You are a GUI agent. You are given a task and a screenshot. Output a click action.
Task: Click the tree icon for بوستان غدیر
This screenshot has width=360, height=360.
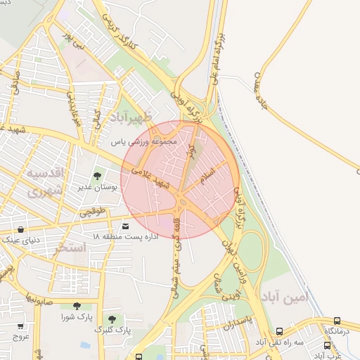click(x=97, y=176)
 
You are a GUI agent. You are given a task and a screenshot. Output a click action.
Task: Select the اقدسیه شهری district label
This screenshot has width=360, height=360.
click(x=46, y=181)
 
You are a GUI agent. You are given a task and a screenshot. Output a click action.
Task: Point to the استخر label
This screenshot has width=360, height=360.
click(x=70, y=247)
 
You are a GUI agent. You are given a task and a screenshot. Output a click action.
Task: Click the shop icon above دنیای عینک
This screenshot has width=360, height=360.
click(x=20, y=229)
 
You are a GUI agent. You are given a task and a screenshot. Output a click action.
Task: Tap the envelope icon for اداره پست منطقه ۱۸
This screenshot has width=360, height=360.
click(x=126, y=226)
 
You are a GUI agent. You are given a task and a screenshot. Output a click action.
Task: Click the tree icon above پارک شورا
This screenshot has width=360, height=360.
click(x=76, y=307)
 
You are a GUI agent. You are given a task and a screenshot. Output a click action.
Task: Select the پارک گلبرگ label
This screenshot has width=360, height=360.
click(x=114, y=329)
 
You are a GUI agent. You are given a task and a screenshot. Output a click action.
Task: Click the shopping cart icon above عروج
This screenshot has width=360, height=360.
click(x=20, y=327)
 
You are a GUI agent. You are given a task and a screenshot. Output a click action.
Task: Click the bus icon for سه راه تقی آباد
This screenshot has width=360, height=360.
click(x=280, y=331)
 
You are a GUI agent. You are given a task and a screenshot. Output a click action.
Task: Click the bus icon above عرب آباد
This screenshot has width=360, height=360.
click(x=328, y=345)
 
